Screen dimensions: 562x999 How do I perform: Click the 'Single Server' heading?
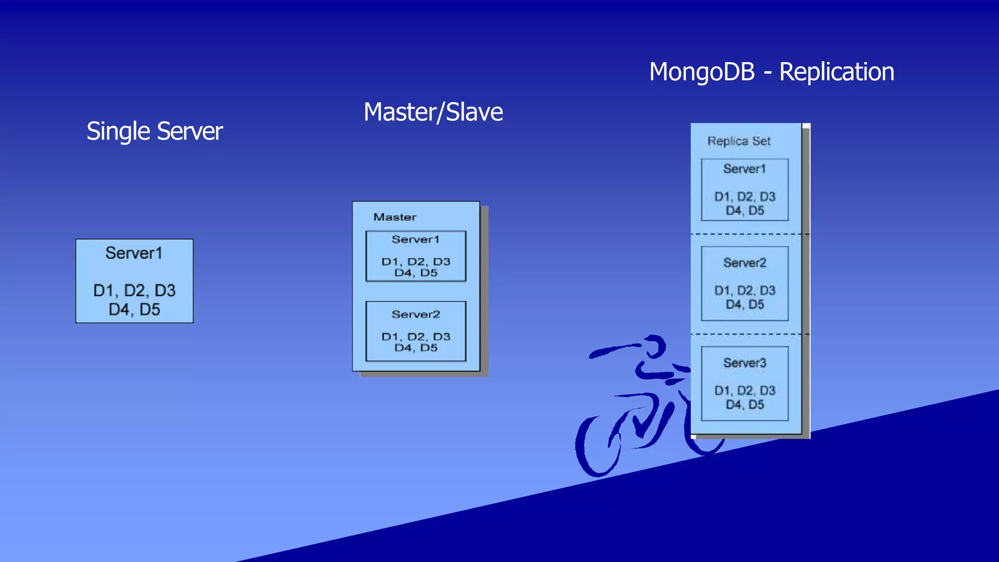click(154, 131)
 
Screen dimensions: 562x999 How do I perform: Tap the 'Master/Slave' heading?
click(433, 112)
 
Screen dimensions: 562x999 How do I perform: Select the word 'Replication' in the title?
click(836, 72)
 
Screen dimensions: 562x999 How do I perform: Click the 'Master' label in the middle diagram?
click(395, 217)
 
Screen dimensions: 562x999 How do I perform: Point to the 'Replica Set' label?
click(739, 141)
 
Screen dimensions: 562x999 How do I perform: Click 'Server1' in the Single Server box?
click(134, 253)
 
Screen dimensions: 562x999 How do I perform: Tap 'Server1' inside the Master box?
click(415, 240)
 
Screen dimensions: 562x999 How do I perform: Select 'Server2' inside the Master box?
click(415, 315)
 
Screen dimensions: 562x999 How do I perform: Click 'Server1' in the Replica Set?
click(744, 169)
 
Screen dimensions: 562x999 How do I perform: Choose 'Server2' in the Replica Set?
click(744, 263)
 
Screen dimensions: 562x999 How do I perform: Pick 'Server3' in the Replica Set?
click(744, 363)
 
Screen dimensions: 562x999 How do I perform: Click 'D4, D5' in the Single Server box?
click(134, 310)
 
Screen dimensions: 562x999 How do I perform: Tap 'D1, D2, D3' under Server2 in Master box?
click(416, 337)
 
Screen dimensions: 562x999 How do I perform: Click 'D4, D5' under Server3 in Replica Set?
click(744, 404)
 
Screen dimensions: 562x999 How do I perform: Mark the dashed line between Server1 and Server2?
click(749, 235)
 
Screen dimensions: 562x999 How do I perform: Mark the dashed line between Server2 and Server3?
click(749, 335)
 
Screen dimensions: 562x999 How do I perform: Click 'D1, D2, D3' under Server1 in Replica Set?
click(744, 197)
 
